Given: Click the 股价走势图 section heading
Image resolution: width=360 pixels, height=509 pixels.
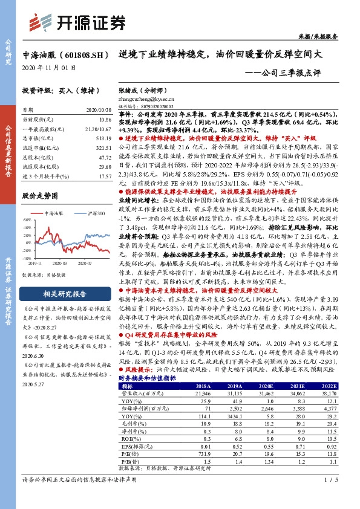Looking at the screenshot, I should point(39,196).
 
